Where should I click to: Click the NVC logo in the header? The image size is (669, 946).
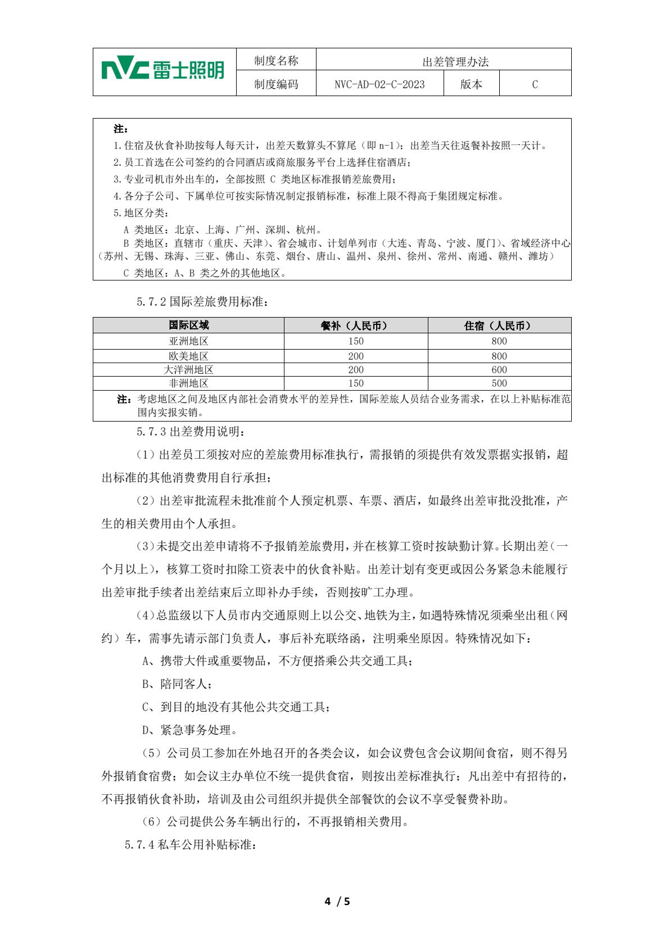pos(163,71)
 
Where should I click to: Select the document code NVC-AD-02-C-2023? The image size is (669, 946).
pos(379,84)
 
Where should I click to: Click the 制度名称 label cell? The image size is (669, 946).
pos(276,61)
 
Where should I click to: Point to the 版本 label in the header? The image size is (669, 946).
pos(471,84)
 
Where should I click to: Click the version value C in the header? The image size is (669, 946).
pos(535,84)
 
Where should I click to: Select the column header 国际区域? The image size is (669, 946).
pos(189,325)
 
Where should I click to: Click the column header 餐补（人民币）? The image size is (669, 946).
pos(356,325)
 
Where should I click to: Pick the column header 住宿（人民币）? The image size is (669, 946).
pos(499,325)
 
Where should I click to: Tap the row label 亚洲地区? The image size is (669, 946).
pos(189,341)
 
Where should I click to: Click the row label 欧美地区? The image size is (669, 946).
pos(189,356)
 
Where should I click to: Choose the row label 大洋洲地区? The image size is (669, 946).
pos(189,370)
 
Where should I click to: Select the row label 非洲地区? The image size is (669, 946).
pos(189,383)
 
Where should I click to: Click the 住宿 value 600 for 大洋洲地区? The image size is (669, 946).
pos(499,370)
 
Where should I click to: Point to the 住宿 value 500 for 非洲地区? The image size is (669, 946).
pos(499,383)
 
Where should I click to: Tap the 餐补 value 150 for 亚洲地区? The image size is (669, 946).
pos(356,341)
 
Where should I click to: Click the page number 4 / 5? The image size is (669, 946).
pos(337,902)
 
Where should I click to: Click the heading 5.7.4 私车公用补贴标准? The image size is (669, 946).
pos(191,845)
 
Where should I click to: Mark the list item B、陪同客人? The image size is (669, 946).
pos(177,684)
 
